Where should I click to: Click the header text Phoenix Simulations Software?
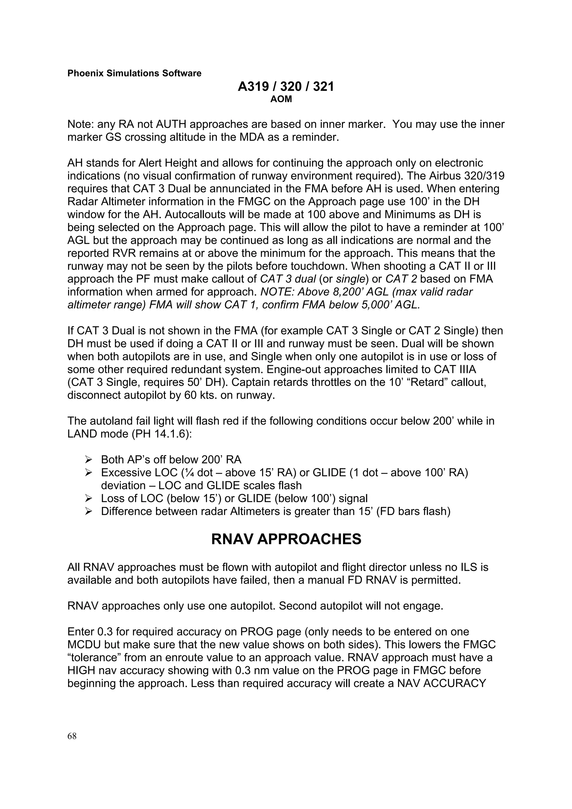(134, 73)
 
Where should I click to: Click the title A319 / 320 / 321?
(285, 87)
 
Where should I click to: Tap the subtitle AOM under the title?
(281, 99)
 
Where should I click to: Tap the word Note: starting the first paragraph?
(81, 125)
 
